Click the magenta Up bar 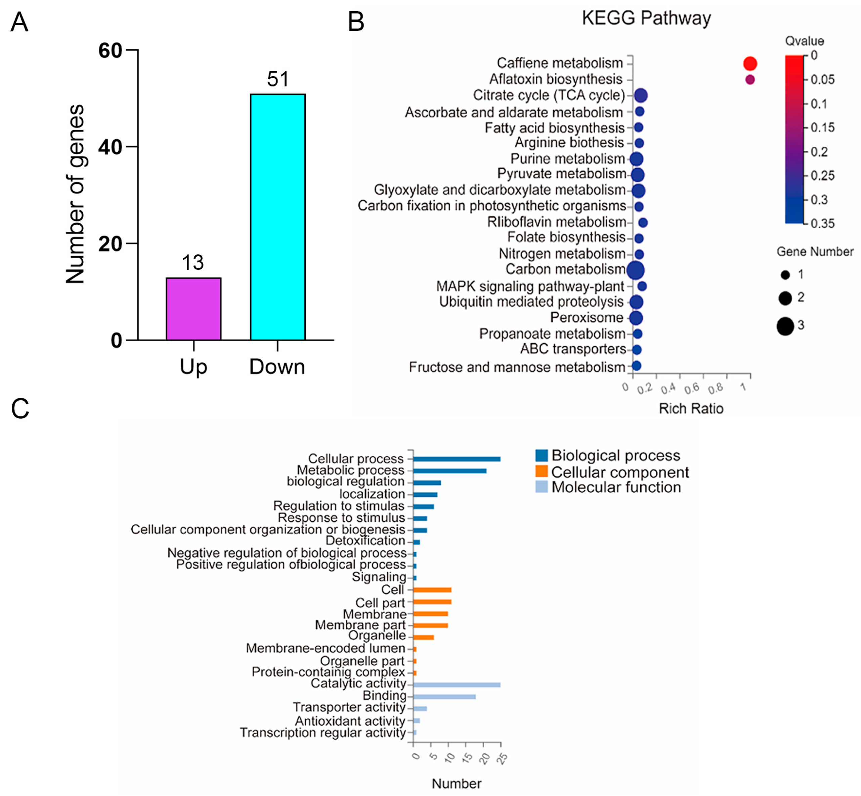193,309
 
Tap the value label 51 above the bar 278,79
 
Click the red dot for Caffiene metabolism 750,63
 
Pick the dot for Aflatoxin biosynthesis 750,79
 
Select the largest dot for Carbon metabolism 636,270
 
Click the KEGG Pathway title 646,18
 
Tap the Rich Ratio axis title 691,408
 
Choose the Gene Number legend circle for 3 785,326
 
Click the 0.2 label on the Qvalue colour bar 819,151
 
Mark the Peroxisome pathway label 587,317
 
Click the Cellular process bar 457,459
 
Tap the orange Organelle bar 423,637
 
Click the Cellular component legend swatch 542,471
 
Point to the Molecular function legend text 616,487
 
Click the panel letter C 20,408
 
